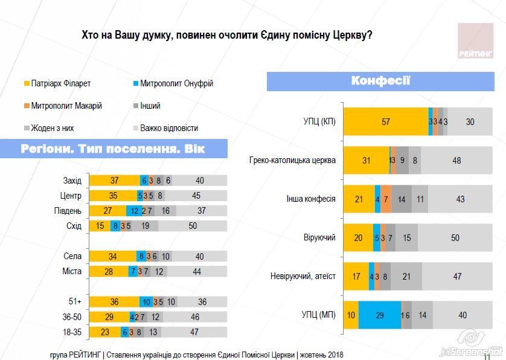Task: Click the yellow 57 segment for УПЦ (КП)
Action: coord(385,121)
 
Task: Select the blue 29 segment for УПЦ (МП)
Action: coord(379,315)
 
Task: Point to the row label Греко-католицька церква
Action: coord(292,161)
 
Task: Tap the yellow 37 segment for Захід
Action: coord(114,181)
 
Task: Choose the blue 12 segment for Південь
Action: coord(134,211)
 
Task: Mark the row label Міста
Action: coord(72,271)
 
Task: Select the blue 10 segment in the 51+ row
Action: coord(146,301)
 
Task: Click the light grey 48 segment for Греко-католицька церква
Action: coord(456,161)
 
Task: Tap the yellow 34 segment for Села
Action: coord(112,256)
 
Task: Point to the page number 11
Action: coord(487,355)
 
